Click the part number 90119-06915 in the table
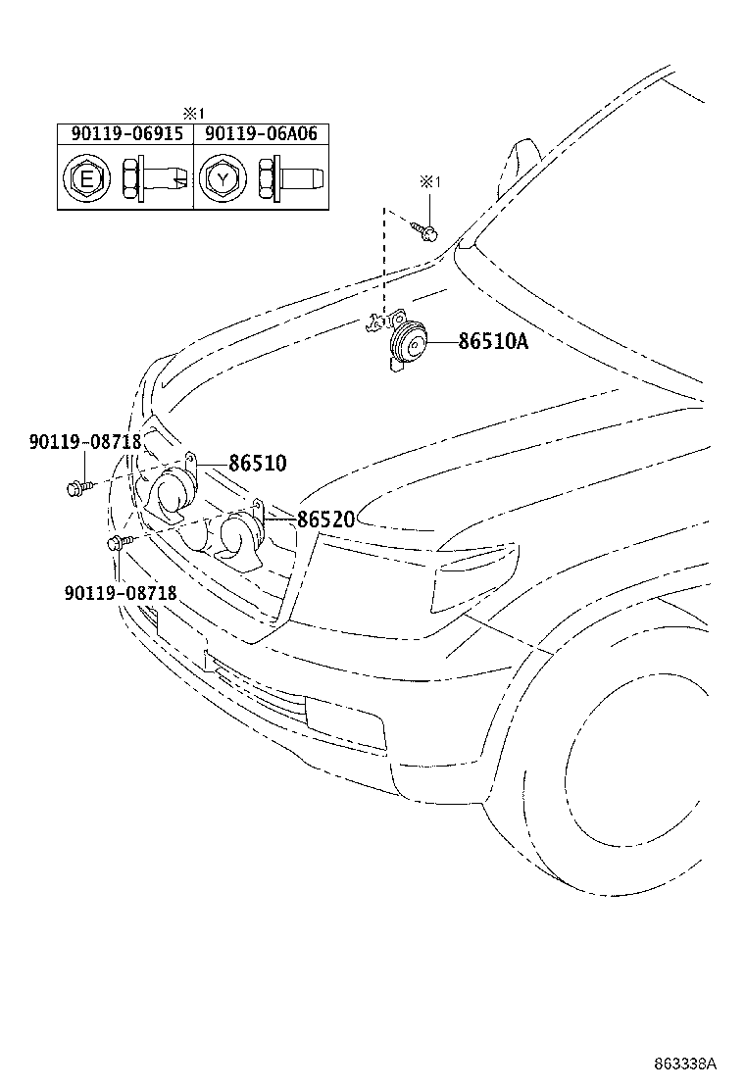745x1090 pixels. tap(127, 133)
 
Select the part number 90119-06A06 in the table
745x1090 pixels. tap(262, 133)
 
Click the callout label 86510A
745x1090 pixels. tap(493, 341)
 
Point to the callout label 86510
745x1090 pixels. tap(258, 463)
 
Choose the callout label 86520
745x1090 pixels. tap(325, 519)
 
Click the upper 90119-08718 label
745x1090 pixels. tap(85, 441)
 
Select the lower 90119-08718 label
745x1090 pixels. tap(121, 592)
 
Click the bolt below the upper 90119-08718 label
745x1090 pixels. tap(77, 487)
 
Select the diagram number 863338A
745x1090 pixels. tap(685, 1064)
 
